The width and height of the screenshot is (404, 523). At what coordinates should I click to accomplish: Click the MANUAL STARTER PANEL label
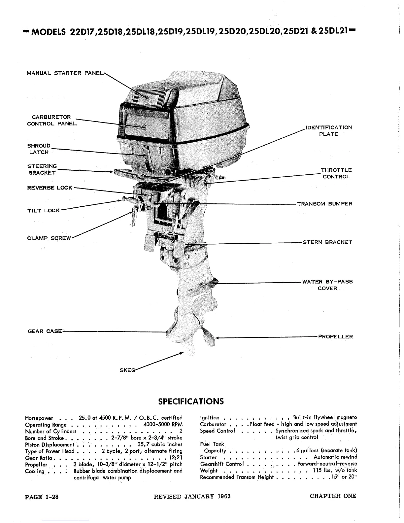tap(65, 73)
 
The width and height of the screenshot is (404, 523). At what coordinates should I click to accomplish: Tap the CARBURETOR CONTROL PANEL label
tap(51, 121)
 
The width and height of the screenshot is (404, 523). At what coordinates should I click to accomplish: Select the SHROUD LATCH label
tap(39, 149)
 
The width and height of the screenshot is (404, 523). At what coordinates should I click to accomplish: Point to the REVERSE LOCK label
tap(50, 188)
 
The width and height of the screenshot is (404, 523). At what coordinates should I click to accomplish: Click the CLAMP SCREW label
tap(49, 238)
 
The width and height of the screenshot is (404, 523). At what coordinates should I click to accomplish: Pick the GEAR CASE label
tap(45, 331)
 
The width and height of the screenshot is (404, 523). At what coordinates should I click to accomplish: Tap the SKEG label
tap(127, 370)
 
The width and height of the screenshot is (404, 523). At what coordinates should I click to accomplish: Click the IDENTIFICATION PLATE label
tap(329, 131)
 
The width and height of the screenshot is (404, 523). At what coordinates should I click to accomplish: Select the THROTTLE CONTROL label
tap(336, 173)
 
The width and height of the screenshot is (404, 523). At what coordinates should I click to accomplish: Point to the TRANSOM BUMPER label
tap(324, 204)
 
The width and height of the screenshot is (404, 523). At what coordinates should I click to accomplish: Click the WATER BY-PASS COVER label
tap(327, 285)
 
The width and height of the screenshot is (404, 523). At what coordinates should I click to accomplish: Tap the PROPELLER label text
tap(335, 337)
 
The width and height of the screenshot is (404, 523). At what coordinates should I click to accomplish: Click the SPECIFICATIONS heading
tap(191, 401)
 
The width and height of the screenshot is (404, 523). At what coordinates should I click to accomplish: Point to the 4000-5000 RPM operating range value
tap(163, 425)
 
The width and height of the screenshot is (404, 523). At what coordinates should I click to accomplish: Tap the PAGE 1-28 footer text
tap(42, 497)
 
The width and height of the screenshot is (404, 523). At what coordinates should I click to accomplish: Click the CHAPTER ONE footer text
tap(333, 496)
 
